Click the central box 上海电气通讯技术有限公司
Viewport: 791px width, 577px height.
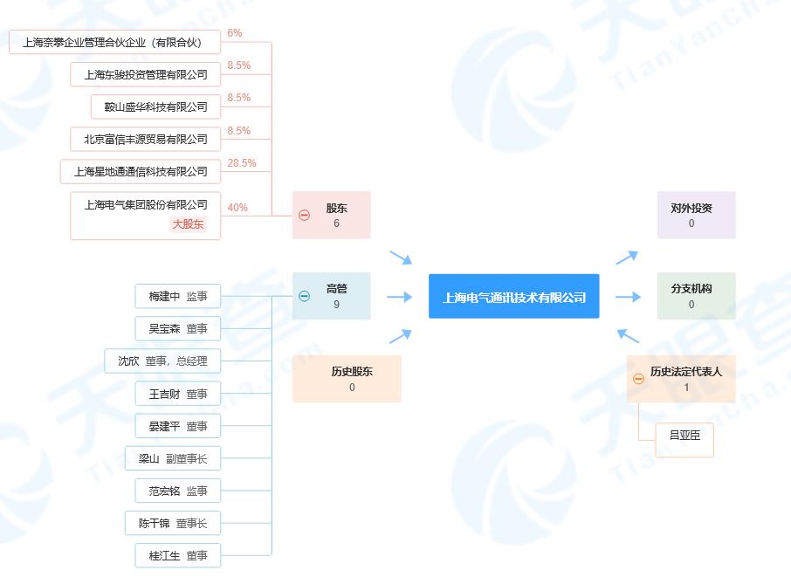click(513, 296)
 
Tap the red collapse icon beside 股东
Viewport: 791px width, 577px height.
click(304, 216)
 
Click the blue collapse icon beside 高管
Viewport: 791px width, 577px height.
click(304, 296)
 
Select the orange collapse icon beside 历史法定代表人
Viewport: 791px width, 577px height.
click(638, 379)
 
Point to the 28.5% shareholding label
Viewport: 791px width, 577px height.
click(242, 163)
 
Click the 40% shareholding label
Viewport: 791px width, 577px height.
click(237, 207)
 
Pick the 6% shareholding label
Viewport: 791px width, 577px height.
click(235, 33)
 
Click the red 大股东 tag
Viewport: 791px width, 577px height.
click(189, 224)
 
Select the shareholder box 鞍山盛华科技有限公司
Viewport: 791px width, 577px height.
click(156, 106)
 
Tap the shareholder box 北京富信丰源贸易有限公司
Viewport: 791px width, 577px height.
click(145, 139)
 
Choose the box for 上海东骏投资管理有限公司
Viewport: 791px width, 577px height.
click(145, 75)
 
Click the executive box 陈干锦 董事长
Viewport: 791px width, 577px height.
click(173, 524)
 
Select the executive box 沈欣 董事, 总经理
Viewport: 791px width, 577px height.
click(162, 361)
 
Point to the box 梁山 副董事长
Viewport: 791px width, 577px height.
click(173, 458)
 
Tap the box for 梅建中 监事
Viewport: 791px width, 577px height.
click(178, 296)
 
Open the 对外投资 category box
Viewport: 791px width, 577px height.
click(696, 215)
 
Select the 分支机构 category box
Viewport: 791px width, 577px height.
click(696, 296)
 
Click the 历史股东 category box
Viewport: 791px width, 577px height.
click(347, 379)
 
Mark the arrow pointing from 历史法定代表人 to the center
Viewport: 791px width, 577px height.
click(628, 336)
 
